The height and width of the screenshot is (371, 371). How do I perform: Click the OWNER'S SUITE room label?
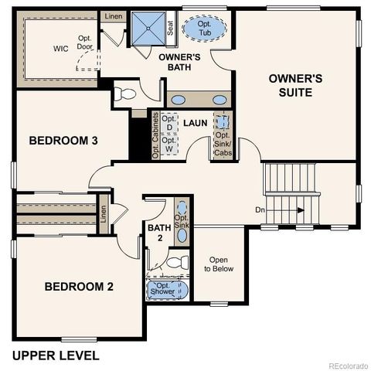(x=290, y=85)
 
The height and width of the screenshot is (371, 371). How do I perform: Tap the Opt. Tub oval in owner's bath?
(x=205, y=30)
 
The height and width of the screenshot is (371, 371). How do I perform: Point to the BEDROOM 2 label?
(x=79, y=287)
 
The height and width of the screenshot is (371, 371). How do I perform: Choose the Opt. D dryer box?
(x=169, y=124)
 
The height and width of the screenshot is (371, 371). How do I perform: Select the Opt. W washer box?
(x=169, y=144)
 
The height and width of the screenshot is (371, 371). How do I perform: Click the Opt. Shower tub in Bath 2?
(x=168, y=289)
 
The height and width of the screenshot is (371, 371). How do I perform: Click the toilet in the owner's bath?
(x=125, y=94)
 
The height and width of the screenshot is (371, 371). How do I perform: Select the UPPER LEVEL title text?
(x=56, y=356)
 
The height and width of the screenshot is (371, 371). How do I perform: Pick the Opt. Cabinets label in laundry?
(x=155, y=136)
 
